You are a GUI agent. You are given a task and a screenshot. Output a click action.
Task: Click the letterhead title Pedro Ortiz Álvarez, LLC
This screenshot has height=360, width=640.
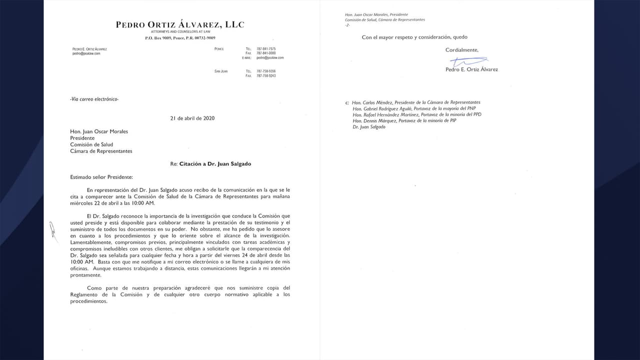click(x=180, y=24)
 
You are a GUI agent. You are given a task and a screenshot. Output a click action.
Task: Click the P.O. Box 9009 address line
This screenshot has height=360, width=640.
click(x=180, y=38)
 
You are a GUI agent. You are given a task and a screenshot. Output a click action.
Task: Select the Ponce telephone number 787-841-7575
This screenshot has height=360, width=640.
click(x=265, y=49)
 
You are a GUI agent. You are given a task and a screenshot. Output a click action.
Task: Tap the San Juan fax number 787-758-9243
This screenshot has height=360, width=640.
click(x=265, y=75)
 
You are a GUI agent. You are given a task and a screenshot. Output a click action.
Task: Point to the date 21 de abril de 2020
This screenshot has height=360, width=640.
click(x=192, y=118)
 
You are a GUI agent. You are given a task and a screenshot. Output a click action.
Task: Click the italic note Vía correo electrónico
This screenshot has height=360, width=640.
click(x=94, y=99)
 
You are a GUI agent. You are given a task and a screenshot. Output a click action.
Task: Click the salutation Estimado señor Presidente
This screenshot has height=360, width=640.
click(x=101, y=176)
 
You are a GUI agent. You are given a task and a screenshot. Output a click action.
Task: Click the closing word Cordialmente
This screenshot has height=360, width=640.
click(x=461, y=50)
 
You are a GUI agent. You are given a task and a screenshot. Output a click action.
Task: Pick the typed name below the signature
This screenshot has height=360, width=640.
click(x=471, y=69)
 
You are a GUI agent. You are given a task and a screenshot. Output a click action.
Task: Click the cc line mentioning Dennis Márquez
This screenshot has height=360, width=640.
click(x=404, y=120)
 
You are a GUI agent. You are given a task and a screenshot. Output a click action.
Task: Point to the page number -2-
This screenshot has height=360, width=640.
click(x=347, y=25)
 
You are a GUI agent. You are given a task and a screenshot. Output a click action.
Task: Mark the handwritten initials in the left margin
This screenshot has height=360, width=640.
click(x=51, y=229)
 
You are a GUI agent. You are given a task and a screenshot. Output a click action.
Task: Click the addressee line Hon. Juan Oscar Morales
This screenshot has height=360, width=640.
click(x=99, y=131)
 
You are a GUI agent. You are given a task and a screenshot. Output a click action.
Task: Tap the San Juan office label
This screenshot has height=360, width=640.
click(x=220, y=71)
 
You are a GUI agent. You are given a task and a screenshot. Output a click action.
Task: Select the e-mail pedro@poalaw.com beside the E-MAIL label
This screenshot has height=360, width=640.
click(x=270, y=58)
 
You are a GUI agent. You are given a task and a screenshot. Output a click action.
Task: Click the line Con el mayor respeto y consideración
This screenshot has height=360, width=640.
click(x=414, y=37)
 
